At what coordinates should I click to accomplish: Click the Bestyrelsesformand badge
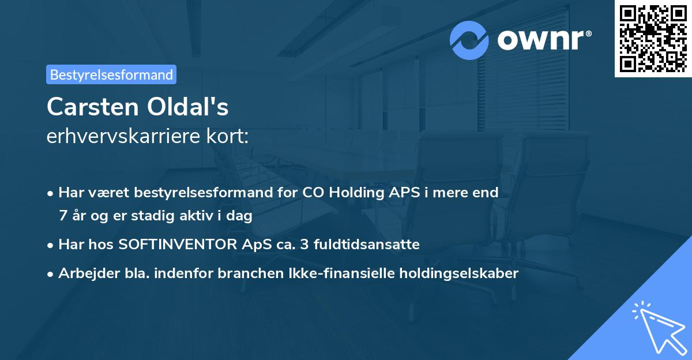[x=111, y=74]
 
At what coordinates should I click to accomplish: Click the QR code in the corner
[x=653, y=38]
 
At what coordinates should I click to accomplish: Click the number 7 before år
[x=63, y=216]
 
